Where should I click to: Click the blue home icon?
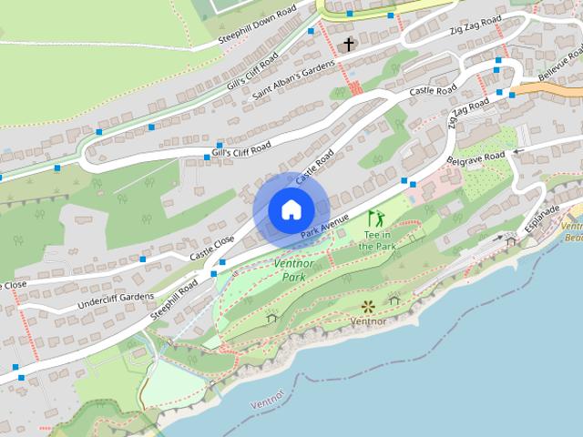tap(290, 209)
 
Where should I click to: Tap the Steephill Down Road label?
tap(258, 28)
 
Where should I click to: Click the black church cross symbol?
tap(349, 44)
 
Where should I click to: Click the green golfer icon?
tap(375, 218)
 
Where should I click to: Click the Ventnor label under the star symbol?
tap(369, 321)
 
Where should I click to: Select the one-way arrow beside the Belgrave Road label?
tap(520, 151)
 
